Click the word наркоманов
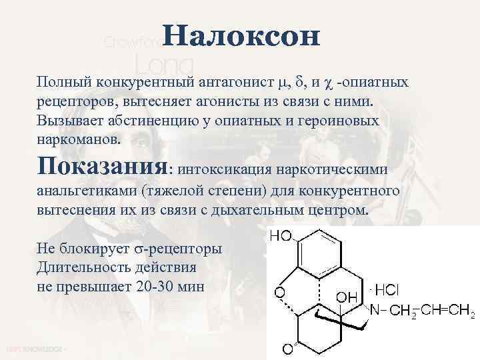click(x=79, y=141)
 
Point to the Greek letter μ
click(x=283, y=83)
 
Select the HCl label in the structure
click(x=387, y=290)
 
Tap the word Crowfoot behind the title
click(x=131, y=42)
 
